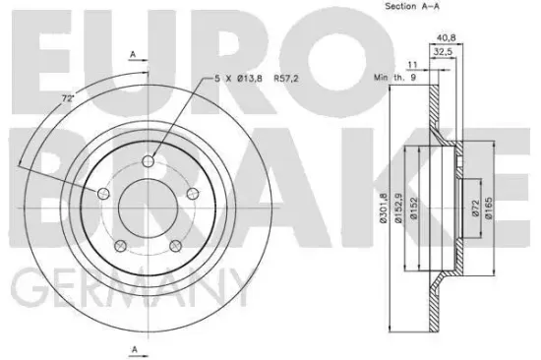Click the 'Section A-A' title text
click(x=406, y=9)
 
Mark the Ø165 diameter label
click(x=490, y=208)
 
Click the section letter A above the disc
click(x=133, y=56)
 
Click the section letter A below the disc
click(x=133, y=349)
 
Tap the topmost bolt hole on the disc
click(x=148, y=161)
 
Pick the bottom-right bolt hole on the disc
click(x=175, y=248)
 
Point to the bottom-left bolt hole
click(x=119, y=248)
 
